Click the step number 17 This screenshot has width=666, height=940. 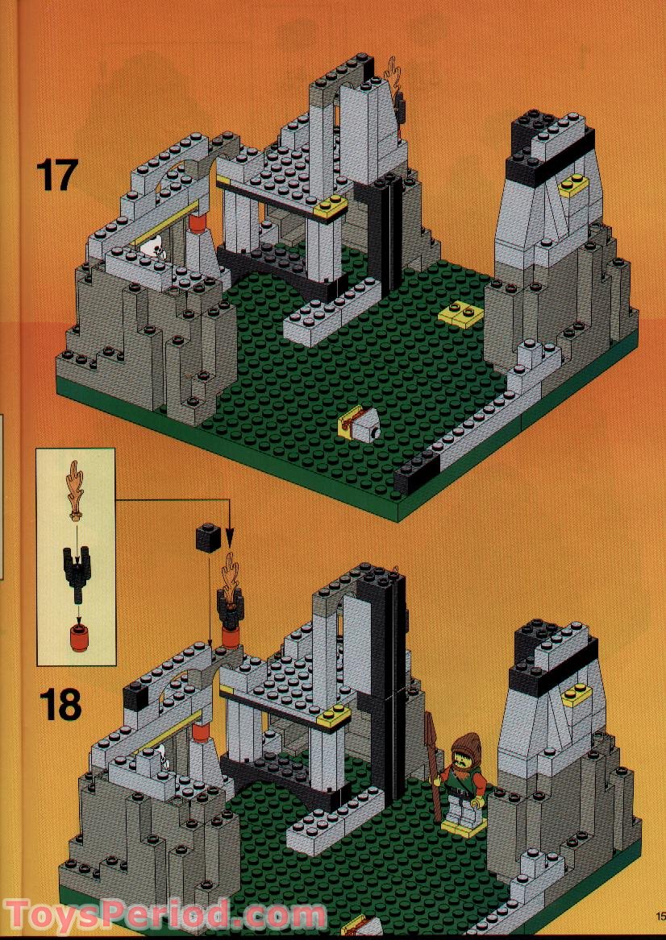[x=56, y=175]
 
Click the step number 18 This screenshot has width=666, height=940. [x=60, y=704]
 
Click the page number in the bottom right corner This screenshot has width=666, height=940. [x=659, y=916]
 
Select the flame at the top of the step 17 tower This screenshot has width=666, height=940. [x=394, y=77]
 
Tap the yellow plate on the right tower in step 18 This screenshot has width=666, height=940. [x=577, y=694]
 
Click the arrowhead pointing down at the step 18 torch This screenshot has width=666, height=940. [x=230, y=542]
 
